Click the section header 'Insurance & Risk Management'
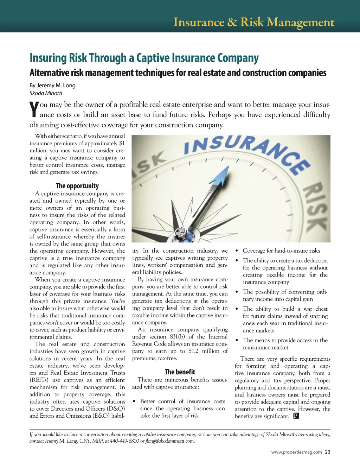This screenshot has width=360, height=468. tap(253, 22)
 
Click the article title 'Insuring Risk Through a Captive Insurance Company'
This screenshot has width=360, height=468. tap(144, 58)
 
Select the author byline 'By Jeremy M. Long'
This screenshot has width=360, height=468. tap(52, 85)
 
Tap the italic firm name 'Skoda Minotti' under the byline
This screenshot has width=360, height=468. tap(46, 93)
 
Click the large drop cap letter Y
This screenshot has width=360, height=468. tap(34, 109)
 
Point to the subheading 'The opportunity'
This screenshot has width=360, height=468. tap(77, 186)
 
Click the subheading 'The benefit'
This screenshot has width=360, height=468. tap(180, 372)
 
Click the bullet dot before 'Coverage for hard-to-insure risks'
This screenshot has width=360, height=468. tap(237, 251)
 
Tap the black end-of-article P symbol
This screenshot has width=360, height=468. tap(296, 416)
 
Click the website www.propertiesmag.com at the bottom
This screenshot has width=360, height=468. tap(296, 452)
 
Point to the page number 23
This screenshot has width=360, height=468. tap(328, 452)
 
